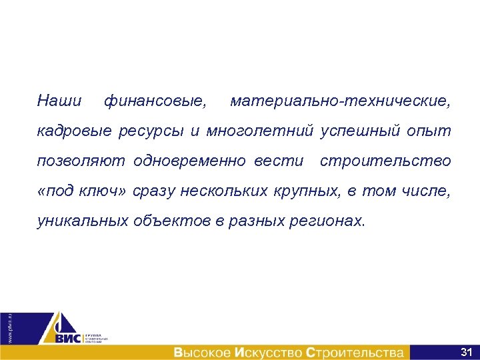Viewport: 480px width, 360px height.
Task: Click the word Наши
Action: point(59,102)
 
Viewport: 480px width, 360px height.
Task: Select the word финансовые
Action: point(155,102)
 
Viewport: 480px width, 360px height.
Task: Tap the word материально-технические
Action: point(340,102)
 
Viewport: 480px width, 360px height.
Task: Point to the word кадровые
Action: point(75,131)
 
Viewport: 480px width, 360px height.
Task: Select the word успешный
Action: point(361,131)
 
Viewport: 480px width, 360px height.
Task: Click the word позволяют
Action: point(81,161)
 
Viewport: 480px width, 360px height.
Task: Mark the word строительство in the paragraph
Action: point(385,161)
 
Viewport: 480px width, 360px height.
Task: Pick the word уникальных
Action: point(82,221)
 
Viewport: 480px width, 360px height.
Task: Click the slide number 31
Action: point(466,351)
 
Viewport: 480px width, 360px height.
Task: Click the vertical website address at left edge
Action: point(9,327)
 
